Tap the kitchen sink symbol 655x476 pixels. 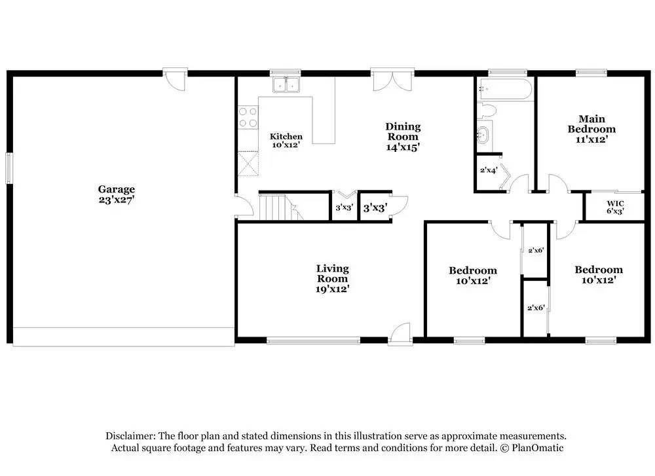click(286, 84)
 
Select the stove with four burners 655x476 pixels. click(248, 117)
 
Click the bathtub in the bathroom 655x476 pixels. click(506, 89)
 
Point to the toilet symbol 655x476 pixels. click(487, 111)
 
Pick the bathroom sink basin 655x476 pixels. click(484, 136)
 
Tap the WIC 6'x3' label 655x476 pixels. click(615, 207)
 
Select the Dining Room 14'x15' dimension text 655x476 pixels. click(403, 147)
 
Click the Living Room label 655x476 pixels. click(333, 274)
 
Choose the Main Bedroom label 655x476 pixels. click(591, 124)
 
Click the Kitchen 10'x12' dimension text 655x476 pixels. click(286, 145)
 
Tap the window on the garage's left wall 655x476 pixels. click(9, 168)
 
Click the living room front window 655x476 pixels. click(313, 340)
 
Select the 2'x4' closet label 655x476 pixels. click(489, 170)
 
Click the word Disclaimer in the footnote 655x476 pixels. click(130, 436)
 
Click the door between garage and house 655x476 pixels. click(244, 206)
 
